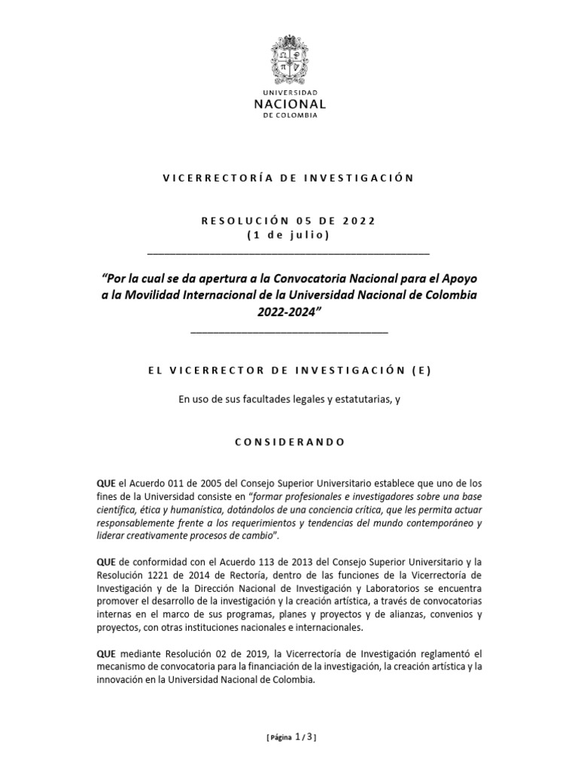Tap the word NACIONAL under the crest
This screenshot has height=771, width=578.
[289, 103]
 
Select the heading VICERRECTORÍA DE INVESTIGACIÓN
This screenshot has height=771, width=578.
[289, 178]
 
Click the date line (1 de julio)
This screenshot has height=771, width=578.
[289, 235]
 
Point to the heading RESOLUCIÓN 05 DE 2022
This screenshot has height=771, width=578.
[289, 221]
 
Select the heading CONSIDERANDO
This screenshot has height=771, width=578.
[289, 442]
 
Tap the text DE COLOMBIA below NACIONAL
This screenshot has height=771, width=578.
[289, 117]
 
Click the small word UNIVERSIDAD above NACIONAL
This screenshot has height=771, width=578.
[289, 90]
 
